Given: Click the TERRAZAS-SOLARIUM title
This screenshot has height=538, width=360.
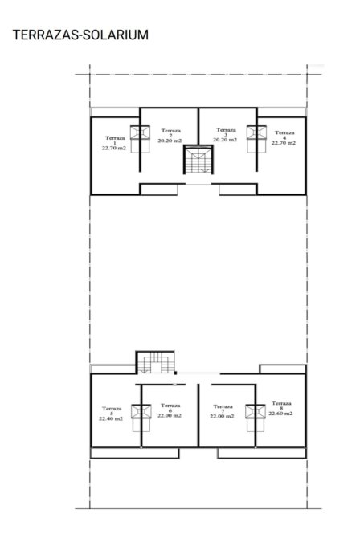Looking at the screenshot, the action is point(80,35).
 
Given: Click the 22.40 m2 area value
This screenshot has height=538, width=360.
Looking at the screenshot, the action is point(112,418).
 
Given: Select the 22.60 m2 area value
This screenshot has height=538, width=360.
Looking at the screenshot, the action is point(281,414).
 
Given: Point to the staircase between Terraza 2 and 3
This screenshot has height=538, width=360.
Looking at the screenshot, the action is point(198,159).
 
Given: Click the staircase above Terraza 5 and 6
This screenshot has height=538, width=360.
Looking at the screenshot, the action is point(155,362).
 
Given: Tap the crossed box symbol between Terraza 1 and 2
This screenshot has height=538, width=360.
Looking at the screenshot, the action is point(140,132).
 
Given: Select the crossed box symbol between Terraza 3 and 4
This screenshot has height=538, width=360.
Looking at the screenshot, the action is point(256,132).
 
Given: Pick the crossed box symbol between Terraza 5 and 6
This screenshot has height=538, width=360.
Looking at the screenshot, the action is point(141,411).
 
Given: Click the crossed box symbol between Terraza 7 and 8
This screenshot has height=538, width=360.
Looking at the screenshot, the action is point(256,412).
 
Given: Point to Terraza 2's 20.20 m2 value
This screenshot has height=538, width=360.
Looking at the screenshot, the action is point(170,141).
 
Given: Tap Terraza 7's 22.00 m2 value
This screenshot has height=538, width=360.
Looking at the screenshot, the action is point(223,416).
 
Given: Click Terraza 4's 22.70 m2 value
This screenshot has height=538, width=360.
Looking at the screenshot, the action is point(284,143).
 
